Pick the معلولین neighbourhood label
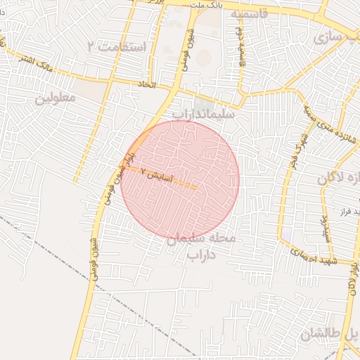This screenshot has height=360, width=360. [54, 98]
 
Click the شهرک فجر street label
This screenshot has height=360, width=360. [295, 148]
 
